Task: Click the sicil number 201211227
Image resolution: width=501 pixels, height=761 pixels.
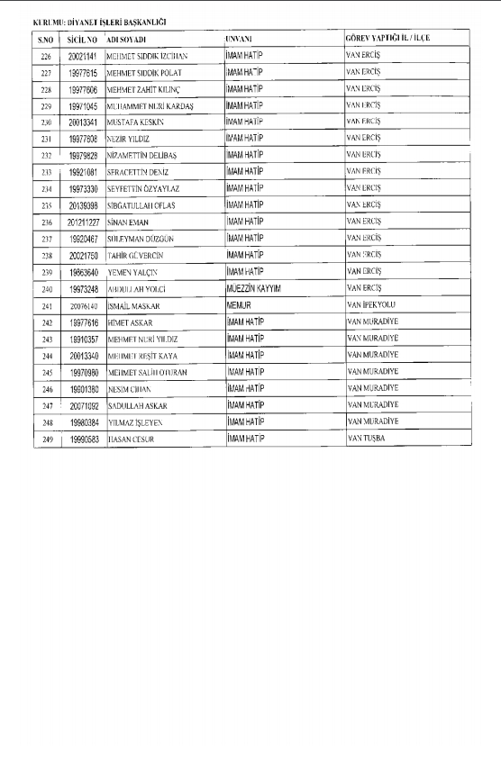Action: coord(83,221)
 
